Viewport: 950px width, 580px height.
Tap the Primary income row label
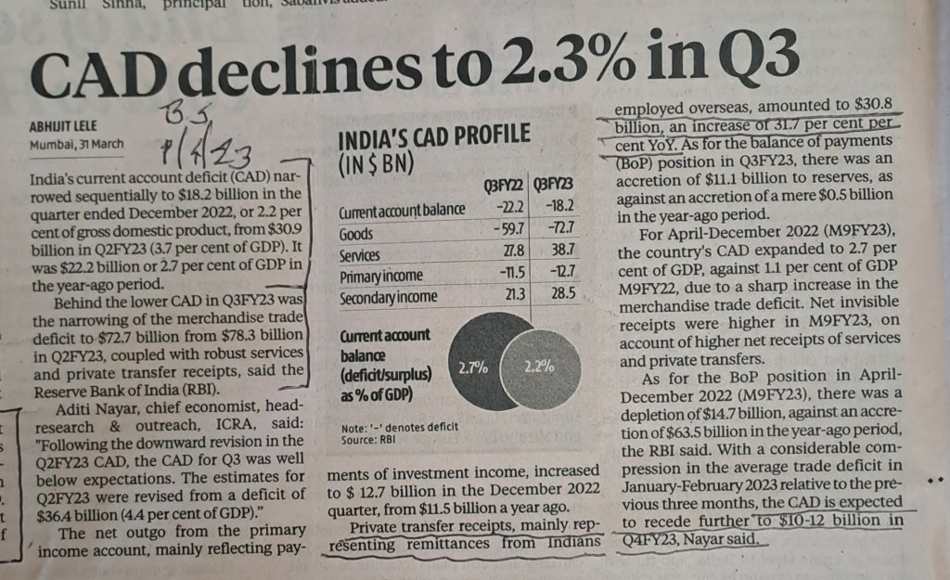pos(381,276)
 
